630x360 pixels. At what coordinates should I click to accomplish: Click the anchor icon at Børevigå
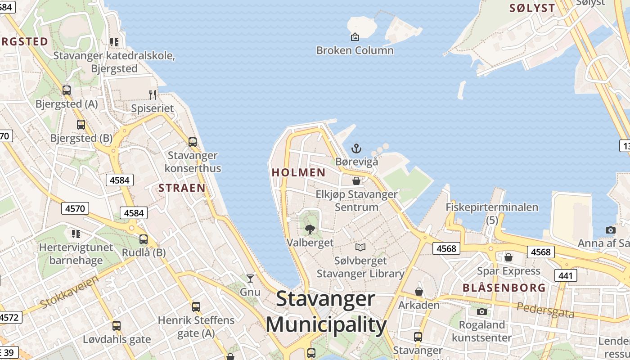(356, 148)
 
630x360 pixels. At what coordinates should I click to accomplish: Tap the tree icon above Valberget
(310, 229)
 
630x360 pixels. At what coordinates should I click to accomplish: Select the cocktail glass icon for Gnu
(250, 279)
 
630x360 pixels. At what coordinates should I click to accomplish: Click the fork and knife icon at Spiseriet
(153, 94)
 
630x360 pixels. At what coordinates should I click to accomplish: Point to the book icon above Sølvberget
(360, 247)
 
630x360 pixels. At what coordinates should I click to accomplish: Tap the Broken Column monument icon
(355, 37)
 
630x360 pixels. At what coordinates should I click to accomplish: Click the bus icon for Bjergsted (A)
(67, 90)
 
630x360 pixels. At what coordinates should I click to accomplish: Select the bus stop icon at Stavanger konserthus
(193, 142)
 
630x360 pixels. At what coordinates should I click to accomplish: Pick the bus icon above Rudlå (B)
(144, 239)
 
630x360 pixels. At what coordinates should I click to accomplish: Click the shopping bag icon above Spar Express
(508, 257)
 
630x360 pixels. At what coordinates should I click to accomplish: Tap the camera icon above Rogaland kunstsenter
(482, 311)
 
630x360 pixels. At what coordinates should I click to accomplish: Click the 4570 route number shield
(75, 208)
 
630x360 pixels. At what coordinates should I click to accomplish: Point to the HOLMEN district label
(299, 172)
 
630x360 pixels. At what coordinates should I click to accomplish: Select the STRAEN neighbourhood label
(182, 188)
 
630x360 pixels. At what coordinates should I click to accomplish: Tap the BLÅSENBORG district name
(504, 288)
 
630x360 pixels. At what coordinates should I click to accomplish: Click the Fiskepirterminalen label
(492, 207)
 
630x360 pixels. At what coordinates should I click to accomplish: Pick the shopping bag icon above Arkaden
(419, 292)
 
